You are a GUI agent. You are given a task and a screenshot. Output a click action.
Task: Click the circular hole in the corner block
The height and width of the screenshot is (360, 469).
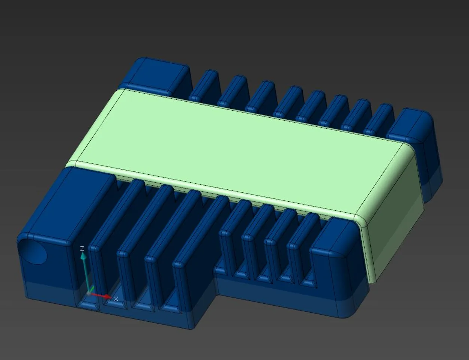click(33, 251)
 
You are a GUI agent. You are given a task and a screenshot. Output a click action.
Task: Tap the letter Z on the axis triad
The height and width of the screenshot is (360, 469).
click(82, 249)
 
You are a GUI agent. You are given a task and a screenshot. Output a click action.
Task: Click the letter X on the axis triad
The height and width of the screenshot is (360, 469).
click(116, 298)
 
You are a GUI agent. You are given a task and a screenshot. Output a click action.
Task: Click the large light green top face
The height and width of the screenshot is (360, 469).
click(240, 150)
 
